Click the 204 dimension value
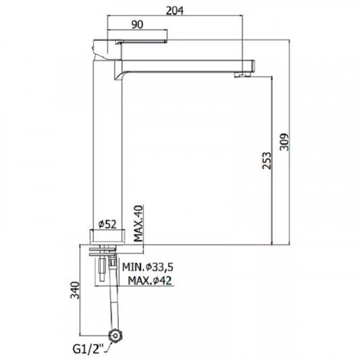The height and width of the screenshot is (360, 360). (x=175, y=10)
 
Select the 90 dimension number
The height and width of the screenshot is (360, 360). (x=138, y=24)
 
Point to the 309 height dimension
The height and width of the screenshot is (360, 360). (x=284, y=142)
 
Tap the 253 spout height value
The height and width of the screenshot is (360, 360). (x=266, y=161)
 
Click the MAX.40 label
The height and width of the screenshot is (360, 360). (x=138, y=223)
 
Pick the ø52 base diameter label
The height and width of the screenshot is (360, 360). (x=107, y=225)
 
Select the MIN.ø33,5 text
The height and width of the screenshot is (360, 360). (x=148, y=267)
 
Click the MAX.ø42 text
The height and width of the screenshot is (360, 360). (x=150, y=280)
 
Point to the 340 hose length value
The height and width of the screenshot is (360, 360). (x=75, y=290)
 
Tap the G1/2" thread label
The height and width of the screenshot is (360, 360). (x=88, y=349)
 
